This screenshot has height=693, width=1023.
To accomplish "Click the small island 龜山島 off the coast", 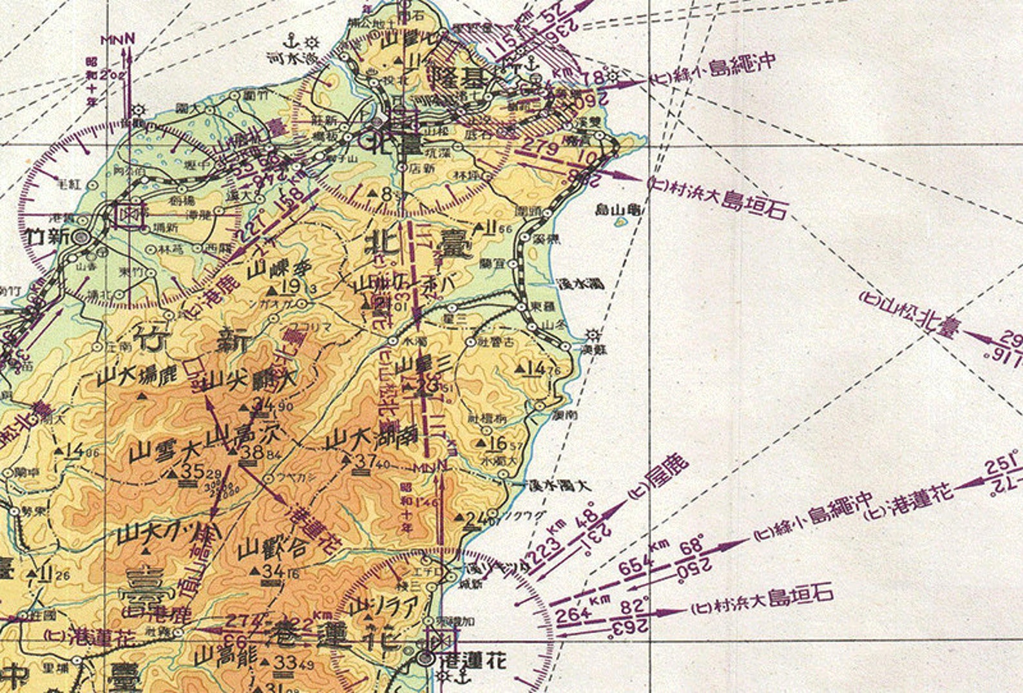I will point(620,222).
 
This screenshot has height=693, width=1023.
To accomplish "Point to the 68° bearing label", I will point(693,547).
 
